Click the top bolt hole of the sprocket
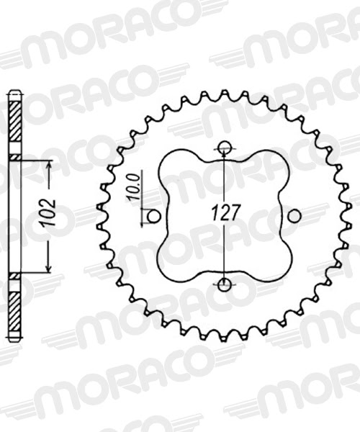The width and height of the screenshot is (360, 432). [225, 148]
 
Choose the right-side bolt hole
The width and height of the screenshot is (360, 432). [293, 215]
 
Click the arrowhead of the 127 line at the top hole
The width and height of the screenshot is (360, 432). [225, 155]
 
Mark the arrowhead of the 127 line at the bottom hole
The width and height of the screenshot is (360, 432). [225, 276]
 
